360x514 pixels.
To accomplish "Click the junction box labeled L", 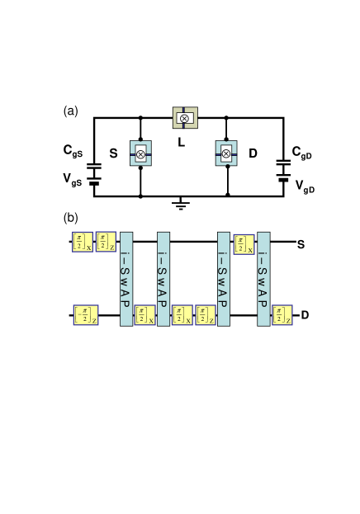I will [x=184, y=118].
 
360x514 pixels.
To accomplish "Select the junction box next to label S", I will [x=141, y=153].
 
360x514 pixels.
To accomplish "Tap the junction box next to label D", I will [x=226, y=153].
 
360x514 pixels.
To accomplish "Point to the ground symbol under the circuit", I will [x=182, y=203].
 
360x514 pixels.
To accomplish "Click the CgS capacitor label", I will [x=73, y=151].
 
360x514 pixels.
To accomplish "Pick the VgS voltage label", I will [x=73, y=178].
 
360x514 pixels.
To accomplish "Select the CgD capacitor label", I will [x=302, y=153].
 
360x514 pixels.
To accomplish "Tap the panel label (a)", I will [x=71, y=111].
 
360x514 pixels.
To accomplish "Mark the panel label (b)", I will [x=71, y=218].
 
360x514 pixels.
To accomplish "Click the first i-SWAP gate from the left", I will [x=126, y=279].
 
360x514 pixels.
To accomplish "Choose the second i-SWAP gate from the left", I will [x=163, y=279].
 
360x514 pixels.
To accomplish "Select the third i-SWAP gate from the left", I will [x=224, y=279].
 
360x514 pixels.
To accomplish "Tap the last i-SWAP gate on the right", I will [x=263, y=279].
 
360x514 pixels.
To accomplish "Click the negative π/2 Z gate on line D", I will [x=86, y=315].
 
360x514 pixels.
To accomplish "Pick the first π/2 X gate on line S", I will [x=83, y=242].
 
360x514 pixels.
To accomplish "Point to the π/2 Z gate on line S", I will [x=106, y=242].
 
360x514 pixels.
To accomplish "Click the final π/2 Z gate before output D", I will [x=282, y=315].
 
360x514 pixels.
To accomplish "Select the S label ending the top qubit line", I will [x=301, y=244].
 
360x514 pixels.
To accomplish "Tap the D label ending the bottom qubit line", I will [x=305, y=315].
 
